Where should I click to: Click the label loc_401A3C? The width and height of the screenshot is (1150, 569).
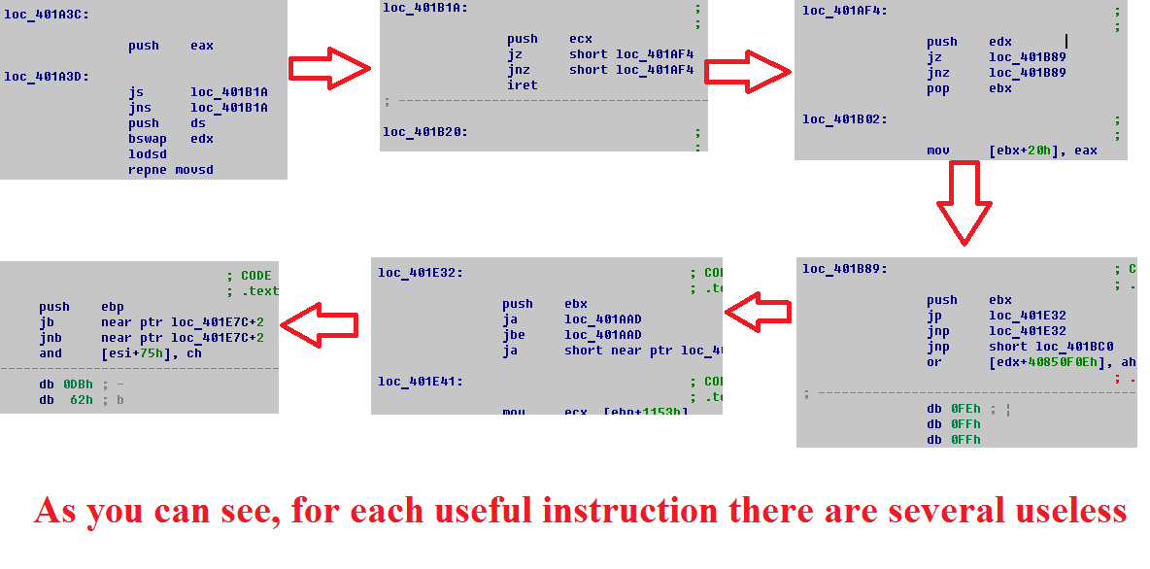tap(47, 15)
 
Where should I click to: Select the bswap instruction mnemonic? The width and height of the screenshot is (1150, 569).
tap(144, 139)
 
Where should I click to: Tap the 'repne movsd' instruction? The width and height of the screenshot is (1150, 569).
tap(170, 170)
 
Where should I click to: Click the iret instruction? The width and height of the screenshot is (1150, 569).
tap(522, 85)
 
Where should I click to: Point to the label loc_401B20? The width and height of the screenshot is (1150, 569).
tap(424, 132)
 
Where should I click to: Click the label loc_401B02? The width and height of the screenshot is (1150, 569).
tap(844, 119)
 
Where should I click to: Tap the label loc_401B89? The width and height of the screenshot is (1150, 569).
tap(844, 269)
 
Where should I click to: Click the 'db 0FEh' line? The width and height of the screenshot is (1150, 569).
tap(954, 409)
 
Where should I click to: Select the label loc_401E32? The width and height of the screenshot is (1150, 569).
tap(420, 273)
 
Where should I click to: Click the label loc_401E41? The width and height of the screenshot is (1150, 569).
tap(420, 382)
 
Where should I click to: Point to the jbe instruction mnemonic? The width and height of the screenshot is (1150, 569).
tap(514, 335)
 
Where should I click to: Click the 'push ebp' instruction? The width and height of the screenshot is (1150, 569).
tap(82, 307)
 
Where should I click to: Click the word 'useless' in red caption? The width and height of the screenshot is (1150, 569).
tap(1065, 510)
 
